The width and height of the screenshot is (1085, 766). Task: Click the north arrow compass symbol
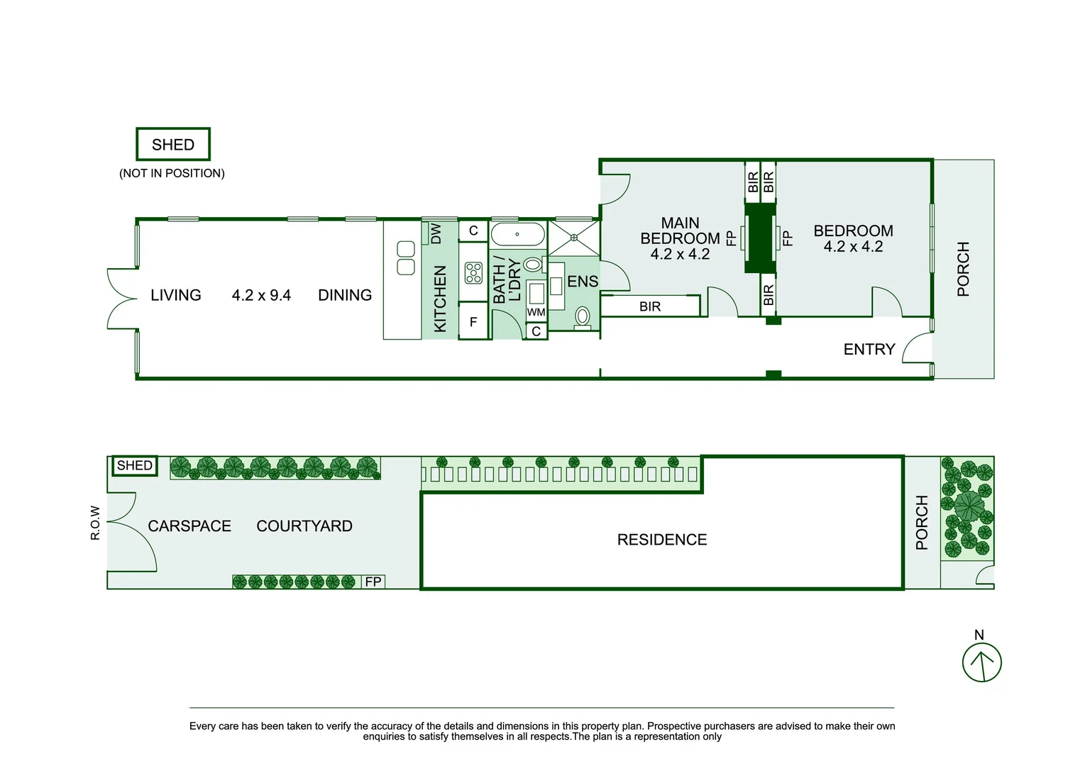tap(981, 662)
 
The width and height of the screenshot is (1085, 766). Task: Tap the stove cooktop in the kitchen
tap(473, 272)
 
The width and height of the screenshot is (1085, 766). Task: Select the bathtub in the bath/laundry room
tap(517, 234)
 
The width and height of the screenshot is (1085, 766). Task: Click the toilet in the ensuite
tap(582, 316)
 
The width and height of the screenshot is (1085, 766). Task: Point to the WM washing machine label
tap(536, 312)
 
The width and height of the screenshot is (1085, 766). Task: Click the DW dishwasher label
tap(436, 233)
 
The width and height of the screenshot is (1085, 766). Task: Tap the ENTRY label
tap(869, 349)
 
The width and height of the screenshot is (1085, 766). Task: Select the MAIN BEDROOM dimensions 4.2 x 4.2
tap(680, 254)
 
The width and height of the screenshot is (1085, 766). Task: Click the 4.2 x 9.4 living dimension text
tap(261, 295)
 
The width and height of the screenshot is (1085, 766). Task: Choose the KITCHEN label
tap(440, 299)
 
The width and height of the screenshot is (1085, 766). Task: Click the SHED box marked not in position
tap(173, 144)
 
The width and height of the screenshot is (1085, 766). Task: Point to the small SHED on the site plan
tap(135, 466)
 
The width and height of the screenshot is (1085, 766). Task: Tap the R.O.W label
tap(95, 523)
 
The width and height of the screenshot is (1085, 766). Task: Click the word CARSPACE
tap(189, 526)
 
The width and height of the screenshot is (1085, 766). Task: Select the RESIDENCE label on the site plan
tap(661, 540)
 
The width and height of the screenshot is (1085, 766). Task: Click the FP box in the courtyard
tap(373, 582)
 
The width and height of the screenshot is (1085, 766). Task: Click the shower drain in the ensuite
tap(573, 238)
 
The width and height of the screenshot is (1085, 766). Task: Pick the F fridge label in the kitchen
tap(473, 322)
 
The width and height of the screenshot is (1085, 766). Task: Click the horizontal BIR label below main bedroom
tap(649, 306)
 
